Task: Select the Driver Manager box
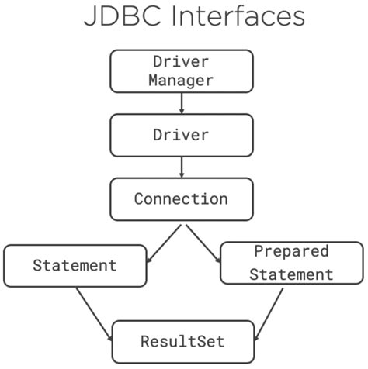pos(181,70)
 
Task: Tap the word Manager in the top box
pos(181,79)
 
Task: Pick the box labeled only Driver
pos(181,135)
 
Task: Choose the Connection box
pos(181,198)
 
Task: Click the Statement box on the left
pos(75,266)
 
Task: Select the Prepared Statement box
pos(291,263)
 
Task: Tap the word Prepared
pos(291,252)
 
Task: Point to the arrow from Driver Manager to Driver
pos(181,102)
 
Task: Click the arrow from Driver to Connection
pos(181,166)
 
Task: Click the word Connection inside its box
pos(181,198)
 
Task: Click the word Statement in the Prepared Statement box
pos(291,274)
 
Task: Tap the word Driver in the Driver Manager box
pos(181,60)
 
